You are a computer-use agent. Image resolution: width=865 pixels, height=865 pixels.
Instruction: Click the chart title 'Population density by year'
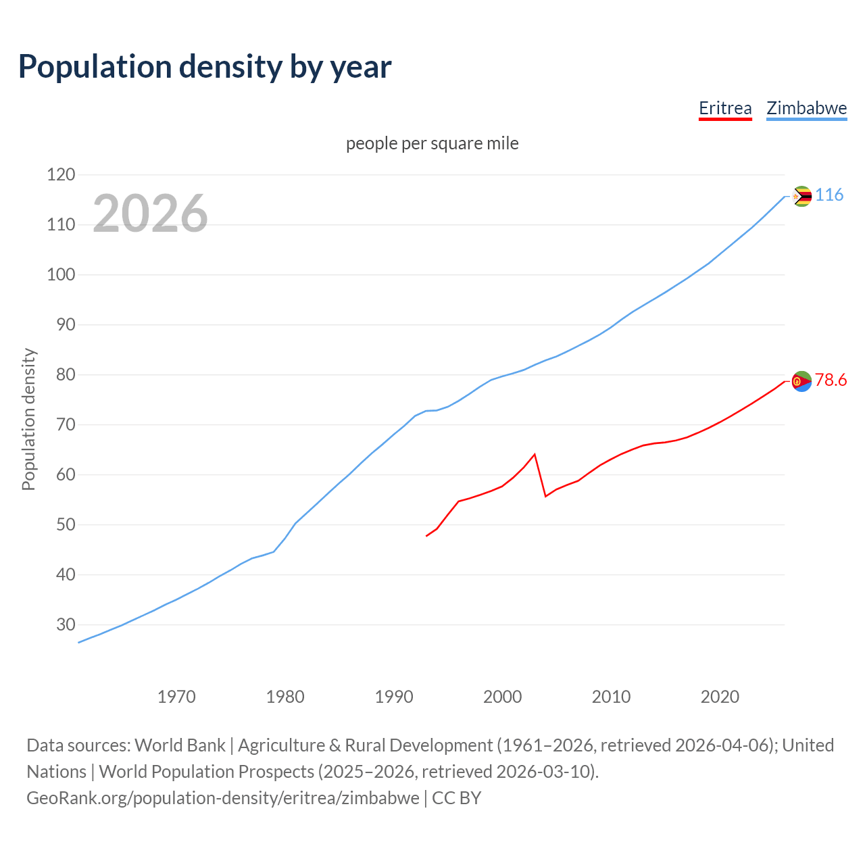point(205,66)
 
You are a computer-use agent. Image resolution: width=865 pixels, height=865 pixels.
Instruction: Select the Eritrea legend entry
point(725,108)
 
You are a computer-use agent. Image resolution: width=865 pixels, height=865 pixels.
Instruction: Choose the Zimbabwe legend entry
point(806,108)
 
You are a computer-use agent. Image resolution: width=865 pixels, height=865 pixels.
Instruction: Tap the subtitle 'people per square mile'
point(432,143)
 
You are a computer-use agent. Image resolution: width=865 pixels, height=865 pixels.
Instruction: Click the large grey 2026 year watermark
point(150,214)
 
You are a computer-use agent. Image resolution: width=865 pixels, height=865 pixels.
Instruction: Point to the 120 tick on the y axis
point(61,175)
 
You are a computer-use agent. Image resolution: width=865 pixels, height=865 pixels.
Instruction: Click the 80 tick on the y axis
point(61,375)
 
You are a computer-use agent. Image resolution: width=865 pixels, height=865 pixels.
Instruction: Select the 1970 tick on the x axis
point(176,697)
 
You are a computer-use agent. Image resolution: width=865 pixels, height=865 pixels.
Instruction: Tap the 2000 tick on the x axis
point(502,697)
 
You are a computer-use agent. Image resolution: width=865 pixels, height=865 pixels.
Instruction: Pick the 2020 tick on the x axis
point(720,697)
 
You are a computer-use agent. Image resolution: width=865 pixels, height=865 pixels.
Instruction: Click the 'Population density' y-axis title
point(28,419)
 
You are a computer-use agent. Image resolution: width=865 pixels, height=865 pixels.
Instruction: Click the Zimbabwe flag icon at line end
point(801,197)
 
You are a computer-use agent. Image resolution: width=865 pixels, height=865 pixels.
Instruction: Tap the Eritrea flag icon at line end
point(801,382)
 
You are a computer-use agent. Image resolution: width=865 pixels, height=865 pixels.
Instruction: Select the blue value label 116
point(829,195)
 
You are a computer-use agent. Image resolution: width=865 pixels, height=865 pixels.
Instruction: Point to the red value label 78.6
point(831,380)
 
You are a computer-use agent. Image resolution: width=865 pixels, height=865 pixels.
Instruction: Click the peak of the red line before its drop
point(535,454)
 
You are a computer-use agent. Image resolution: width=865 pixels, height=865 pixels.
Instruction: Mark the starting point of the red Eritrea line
point(426,536)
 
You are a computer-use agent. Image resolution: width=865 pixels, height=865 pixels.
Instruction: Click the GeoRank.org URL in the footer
point(223,797)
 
